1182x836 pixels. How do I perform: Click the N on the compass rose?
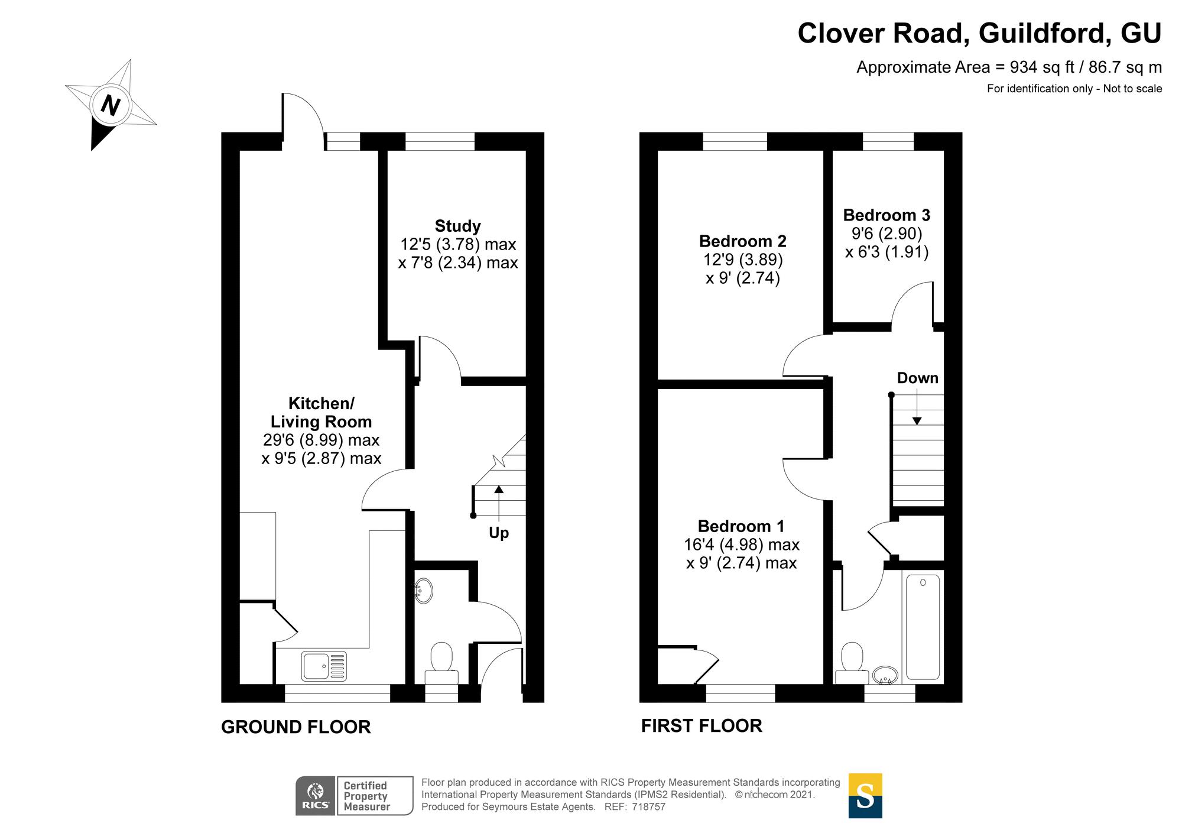(110, 106)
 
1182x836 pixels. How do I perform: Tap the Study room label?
(457, 226)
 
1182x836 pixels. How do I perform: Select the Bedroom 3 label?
(886, 215)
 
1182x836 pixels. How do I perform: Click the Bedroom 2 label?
(742, 241)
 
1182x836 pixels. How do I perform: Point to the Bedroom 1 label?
(741, 526)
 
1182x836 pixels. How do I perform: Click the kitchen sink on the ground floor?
(324, 665)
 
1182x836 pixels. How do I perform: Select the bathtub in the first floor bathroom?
(923, 627)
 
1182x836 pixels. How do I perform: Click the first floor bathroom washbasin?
(885, 675)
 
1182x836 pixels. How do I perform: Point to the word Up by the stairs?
(499, 533)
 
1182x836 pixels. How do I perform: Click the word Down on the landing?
(917, 378)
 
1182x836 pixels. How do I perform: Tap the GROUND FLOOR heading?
(295, 727)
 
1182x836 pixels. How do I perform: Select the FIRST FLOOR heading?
(702, 725)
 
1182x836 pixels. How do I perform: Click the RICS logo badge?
(316, 796)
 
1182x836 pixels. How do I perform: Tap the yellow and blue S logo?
(865, 796)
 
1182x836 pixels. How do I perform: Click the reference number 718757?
(648, 807)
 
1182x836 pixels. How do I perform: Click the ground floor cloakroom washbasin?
(424, 590)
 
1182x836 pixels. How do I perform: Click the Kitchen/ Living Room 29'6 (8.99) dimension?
(321, 440)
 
